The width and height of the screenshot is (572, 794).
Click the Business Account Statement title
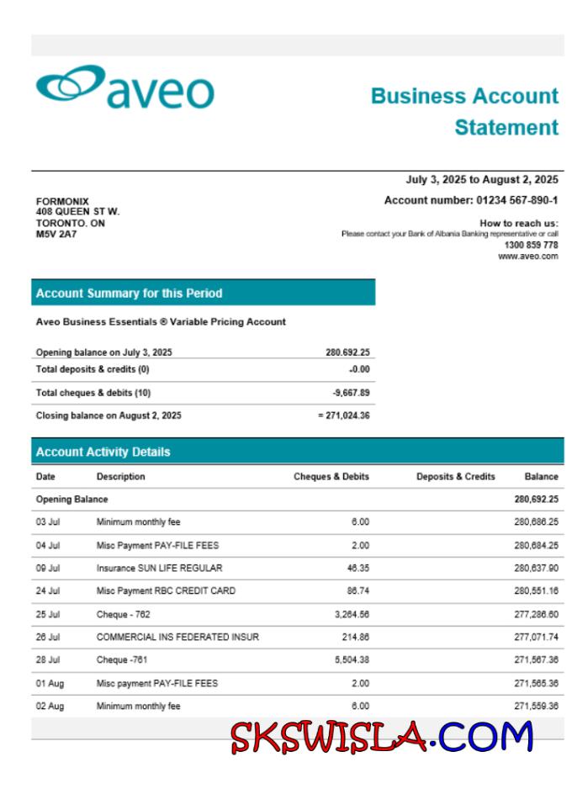click(464, 111)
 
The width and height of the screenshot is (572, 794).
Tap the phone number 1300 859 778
click(531, 245)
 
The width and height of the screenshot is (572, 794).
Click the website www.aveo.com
click(527, 256)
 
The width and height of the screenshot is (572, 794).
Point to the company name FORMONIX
click(62, 202)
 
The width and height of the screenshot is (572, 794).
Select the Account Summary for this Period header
click(129, 294)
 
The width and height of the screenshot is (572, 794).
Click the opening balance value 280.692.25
click(347, 352)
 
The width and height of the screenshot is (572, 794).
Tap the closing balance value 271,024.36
click(347, 416)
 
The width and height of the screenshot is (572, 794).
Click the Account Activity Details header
click(103, 452)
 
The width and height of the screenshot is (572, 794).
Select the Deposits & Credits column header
click(455, 477)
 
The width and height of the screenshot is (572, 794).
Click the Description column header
click(120, 477)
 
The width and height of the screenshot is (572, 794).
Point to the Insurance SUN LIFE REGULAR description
click(159, 568)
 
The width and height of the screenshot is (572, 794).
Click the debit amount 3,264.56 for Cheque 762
click(351, 614)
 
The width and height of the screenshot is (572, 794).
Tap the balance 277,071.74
click(536, 638)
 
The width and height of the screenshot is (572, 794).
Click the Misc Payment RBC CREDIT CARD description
click(166, 591)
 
